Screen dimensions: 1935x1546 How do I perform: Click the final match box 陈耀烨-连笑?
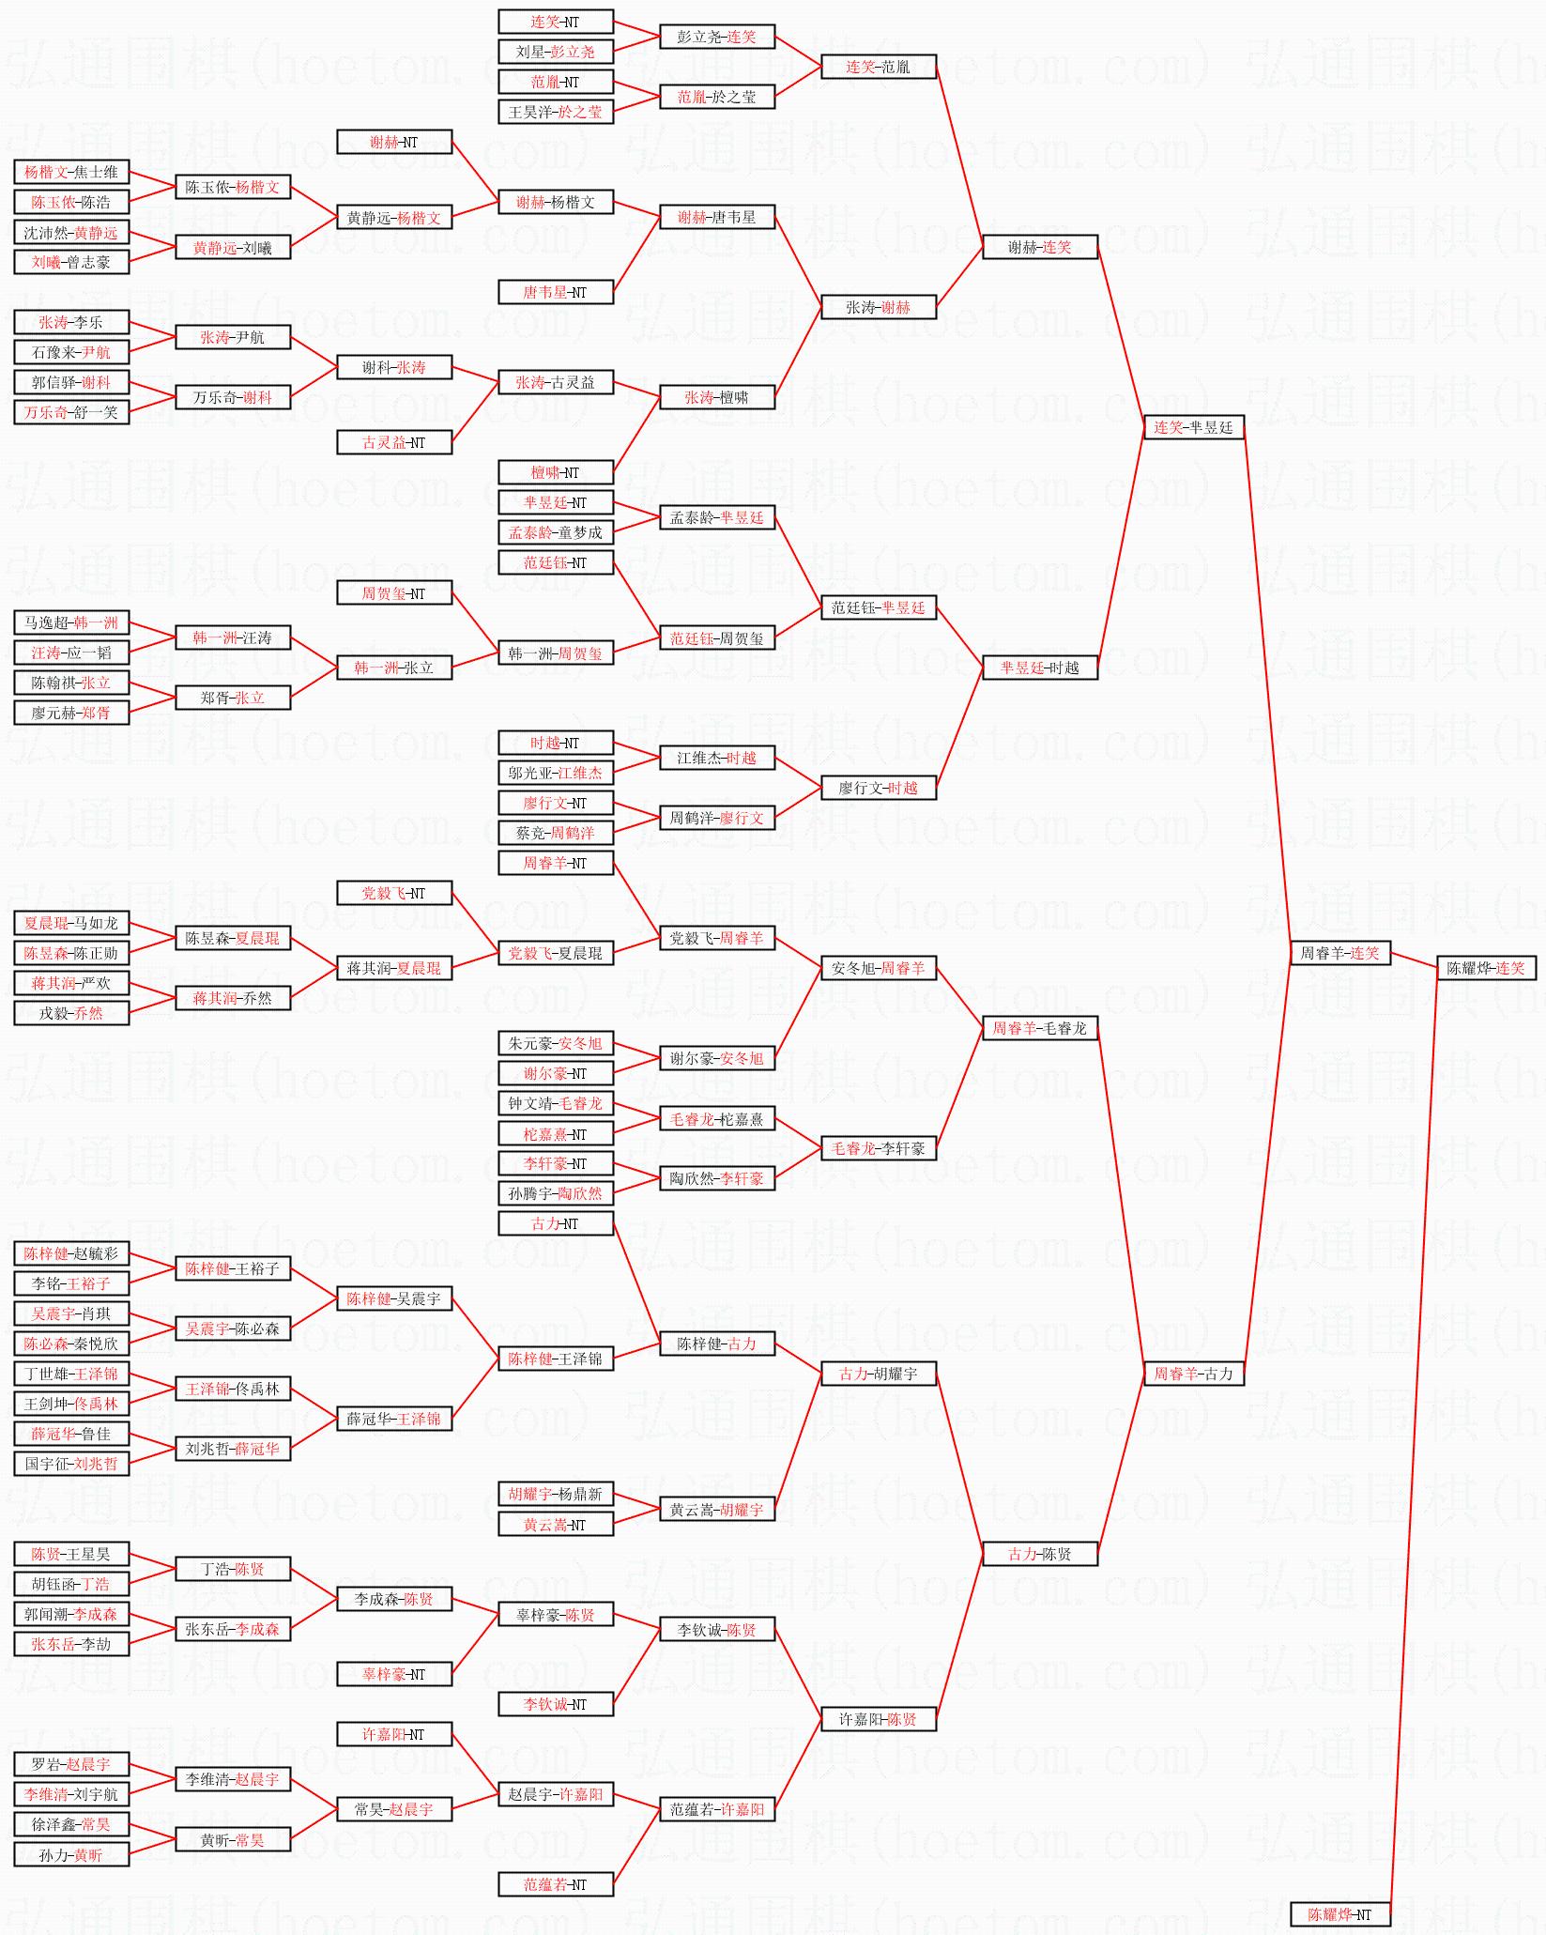pos(1486,968)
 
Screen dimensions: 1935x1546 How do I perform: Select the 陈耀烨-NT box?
pos(1339,1914)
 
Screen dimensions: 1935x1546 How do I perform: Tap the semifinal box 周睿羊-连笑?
pos(1339,953)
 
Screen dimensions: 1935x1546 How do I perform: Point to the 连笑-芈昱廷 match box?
pos(1193,427)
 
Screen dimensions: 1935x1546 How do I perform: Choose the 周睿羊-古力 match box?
pos(1193,1374)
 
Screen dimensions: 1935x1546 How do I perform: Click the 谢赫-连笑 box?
pos(1039,247)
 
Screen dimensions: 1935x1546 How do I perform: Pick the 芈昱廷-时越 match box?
pos(1039,668)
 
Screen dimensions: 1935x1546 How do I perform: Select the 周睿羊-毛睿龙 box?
pos(1039,1028)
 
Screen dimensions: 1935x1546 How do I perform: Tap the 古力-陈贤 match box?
pos(1039,1554)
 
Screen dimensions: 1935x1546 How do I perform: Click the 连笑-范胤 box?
pos(878,67)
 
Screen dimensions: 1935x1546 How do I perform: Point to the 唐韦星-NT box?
pos(555,292)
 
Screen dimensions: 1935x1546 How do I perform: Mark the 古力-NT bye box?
pos(555,1223)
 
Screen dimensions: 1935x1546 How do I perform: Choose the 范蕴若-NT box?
pos(555,1884)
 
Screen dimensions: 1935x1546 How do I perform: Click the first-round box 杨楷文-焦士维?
pos(71,172)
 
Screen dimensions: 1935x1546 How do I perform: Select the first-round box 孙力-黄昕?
pos(71,1854)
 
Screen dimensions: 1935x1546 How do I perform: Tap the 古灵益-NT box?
pos(394,442)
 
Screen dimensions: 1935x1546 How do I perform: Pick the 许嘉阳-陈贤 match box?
pos(878,1719)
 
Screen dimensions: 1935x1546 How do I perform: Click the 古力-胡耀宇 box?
pos(878,1374)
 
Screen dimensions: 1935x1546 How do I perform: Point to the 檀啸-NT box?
pos(555,472)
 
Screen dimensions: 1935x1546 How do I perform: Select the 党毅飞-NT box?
pos(394,893)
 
